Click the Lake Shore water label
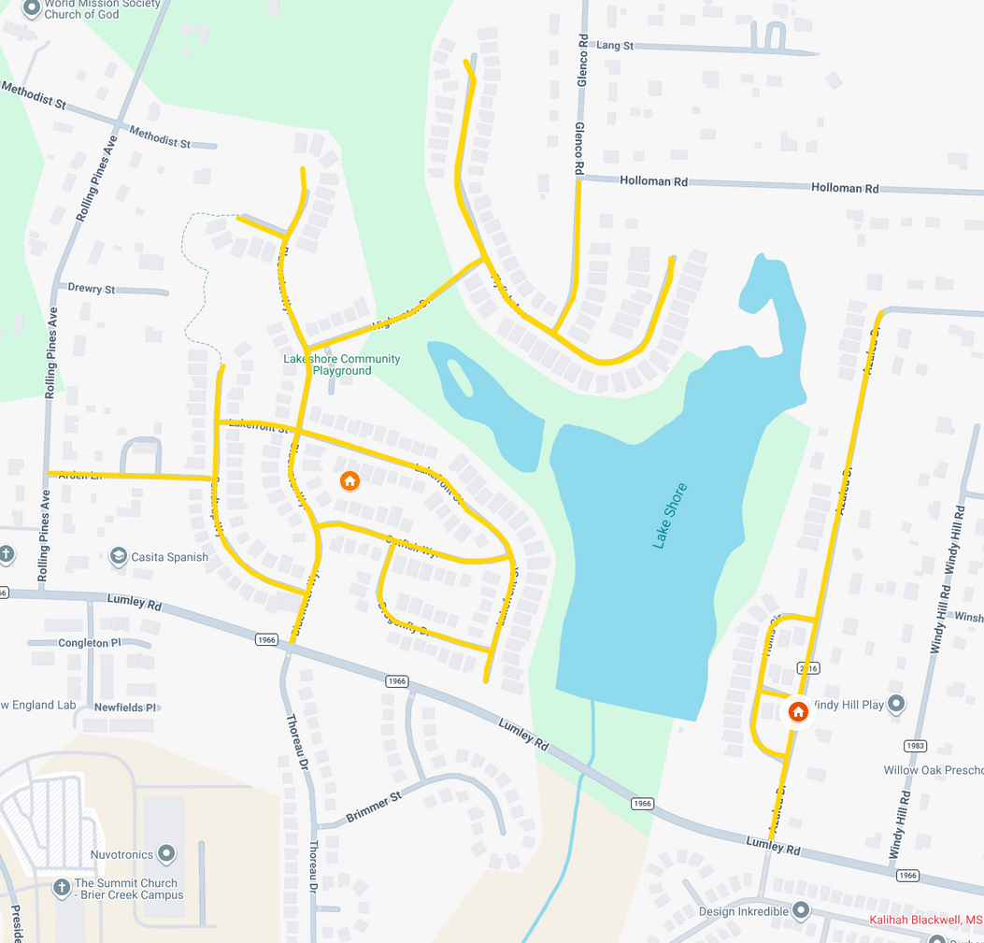click(x=670, y=515)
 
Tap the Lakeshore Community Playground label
click(x=342, y=364)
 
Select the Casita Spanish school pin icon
click(x=119, y=557)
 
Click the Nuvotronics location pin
click(x=166, y=853)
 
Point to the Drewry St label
click(x=92, y=289)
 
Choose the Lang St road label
click(x=615, y=45)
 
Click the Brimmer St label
click(x=373, y=806)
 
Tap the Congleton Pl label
click(x=90, y=643)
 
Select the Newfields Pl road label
click(x=124, y=707)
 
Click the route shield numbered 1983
click(x=915, y=745)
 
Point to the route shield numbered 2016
click(x=808, y=668)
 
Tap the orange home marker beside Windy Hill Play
click(x=798, y=711)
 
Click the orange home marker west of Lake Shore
click(x=349, y=481)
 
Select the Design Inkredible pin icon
click(x=800, y=910)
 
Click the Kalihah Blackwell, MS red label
click(x=926, y=920)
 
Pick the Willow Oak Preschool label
click(x=933, y=770)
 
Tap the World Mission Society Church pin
click(x=31, y=8)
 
